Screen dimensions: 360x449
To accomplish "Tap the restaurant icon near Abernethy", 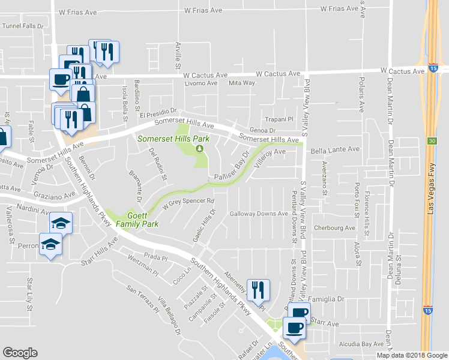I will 258,290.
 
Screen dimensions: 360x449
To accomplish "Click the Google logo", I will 20,353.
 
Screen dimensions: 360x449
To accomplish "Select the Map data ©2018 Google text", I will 412,355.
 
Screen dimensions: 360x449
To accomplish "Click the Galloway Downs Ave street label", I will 259,214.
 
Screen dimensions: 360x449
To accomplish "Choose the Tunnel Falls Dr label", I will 23,26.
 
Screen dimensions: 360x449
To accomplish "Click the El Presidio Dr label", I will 157,112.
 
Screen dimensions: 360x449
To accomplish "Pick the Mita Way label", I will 242,83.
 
